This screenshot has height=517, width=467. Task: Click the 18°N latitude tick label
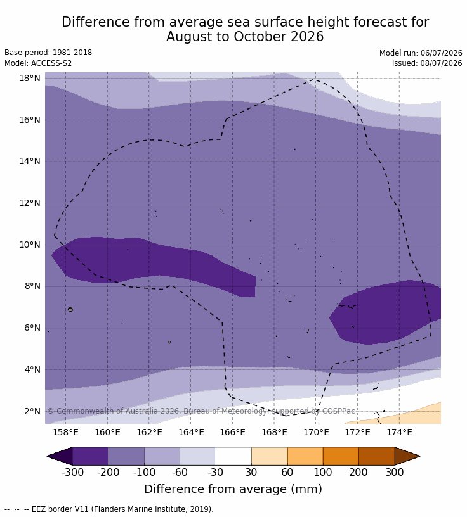(30, 78)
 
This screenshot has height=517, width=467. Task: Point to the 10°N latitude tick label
(30, 245)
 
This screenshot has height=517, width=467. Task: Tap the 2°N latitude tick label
(32, 411)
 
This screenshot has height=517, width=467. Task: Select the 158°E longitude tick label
(66, 432)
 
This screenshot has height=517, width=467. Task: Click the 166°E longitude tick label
(232, 432)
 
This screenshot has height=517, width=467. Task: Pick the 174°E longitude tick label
(399, 432)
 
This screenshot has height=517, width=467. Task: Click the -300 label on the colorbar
(72, 472)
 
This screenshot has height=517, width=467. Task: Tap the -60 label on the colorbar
(180, 472)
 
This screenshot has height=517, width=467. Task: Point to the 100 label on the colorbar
(323, 472)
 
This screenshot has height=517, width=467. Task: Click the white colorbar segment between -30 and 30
(233, 456)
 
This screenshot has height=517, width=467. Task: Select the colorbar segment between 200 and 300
(376, 456)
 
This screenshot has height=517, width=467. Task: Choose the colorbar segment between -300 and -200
(90, 456)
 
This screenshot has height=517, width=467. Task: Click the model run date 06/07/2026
(441, 53)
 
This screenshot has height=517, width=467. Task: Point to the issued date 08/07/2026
(441, 63)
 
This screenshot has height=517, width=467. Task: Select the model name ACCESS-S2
(51, 63)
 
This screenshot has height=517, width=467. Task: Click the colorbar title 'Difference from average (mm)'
(233, 488)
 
